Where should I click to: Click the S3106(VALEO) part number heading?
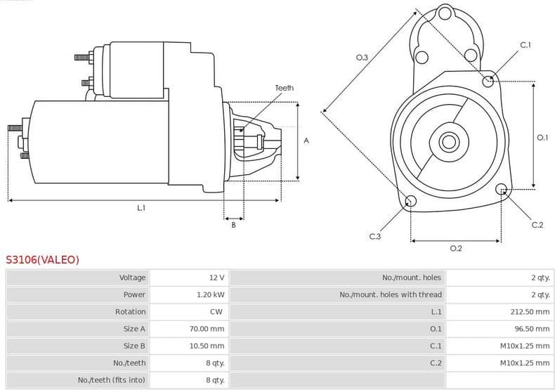(43, 259)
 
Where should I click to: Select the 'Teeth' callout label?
(284, 88)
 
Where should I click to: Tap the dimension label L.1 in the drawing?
(141, 207)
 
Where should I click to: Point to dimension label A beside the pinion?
(306, 141)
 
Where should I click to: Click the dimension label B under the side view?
(233, 224)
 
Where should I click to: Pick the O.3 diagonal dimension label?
(362, 57)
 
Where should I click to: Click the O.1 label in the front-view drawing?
(542, 138)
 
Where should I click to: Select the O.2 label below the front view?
(455, 248)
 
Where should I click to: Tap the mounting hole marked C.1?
(488, 81)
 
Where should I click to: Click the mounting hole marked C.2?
(502, 189)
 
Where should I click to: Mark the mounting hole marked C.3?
(411, 202)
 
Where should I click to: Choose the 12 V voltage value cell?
(216, 278)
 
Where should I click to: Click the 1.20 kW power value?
(210, 294)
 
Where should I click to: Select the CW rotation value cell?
(216, 311)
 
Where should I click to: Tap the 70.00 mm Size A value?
(208, 328)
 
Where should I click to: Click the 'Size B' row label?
(134, 346)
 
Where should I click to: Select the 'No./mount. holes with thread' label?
(391, 294)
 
